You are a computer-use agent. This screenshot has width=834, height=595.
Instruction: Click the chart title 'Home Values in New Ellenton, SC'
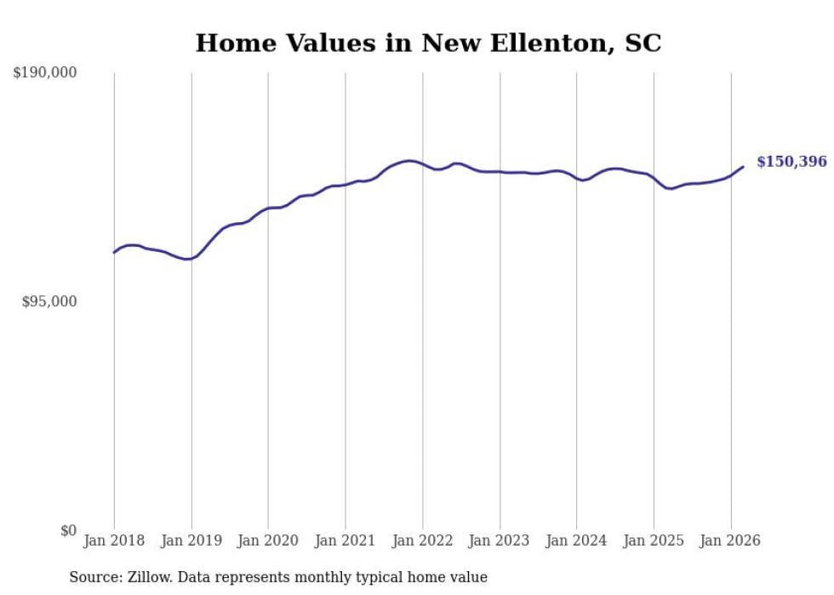pyautogui.click(x=428, y=43)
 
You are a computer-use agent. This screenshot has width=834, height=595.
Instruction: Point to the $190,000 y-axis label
pyautogui.click(x=44, y=73)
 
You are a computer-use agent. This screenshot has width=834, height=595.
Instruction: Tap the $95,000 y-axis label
pyautogui.click(x=49, y=302)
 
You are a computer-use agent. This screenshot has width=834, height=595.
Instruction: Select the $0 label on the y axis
pyautogui.click(x=68, y=531)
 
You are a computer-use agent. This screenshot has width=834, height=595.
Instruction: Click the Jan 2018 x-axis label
pyautogui.click(x=114, y=541)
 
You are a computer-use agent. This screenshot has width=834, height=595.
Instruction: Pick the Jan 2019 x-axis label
pyautogui.click(x=191, y=541)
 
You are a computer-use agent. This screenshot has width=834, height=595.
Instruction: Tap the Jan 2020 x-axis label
pyautogui.click(x=268, y=541)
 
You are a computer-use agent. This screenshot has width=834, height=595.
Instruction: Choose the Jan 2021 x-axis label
pyautogui.click(x=346, y=541)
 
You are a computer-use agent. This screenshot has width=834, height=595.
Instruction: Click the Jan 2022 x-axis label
pyautogui.click(x=422, y=541)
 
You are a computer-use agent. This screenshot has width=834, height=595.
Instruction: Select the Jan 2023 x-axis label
pyautogui.click(x=500, y=541)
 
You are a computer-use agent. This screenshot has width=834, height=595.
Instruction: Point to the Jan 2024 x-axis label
pyautogui.click(x=576, y=541)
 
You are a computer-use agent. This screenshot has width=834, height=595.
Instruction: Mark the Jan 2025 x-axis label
pyautogui.click(x=654, y=541)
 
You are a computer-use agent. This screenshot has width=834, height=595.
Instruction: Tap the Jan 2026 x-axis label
pyautogui.click(x=730, y=541)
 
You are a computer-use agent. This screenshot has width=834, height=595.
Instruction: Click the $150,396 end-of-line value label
pyautogui.click(x=791, y=162)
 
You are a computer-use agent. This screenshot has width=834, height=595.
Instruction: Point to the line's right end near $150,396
pyautogui.click(x=743, y=167)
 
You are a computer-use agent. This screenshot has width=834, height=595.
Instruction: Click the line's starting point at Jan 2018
pyautogui.click(x=114, y=252)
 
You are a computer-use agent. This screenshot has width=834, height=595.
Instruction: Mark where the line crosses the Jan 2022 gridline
pyautogui.click(x=422, y=164)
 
